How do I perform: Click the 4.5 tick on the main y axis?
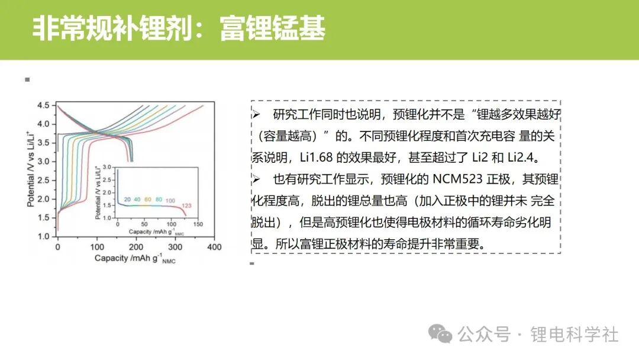pyautogui.click(x=43, y=105)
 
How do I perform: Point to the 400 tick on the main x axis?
pyautogui.click(x=214, y=247)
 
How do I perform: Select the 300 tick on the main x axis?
pyautogui.click(x=175, y=247)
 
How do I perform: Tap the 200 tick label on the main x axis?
pyautogui.click(x=135, y=247)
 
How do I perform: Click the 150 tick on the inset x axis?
pyautogui.click(x=198, y=224)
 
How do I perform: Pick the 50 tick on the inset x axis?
pyautogui.click(x=144, y=224)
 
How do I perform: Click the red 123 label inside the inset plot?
pyautogui.click(x=186, y=206)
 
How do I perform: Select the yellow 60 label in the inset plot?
pyautogui.click(x=147, y=200)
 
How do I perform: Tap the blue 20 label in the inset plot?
pyautogui.click(x=127, y=200)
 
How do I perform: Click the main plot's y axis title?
pyautogui.click(x=30, y=169)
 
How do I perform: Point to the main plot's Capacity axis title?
pyautogui.click(x=135, y=259)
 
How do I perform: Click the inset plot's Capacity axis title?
pyautogui.click(x=156, y=232)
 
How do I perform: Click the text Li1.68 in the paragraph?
pyautogui.click(x=316, y=157)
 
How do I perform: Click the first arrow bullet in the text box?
pyautogui.click(x=256, y=114)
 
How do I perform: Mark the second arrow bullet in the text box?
pyautogui.click(x=256, y=179)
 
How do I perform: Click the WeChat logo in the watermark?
pyautogui.click(x=440, y=334)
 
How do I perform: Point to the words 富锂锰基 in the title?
pyautogui.click(x=272, y=28)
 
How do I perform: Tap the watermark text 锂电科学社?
pyautogui.click(x=574, y=335)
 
